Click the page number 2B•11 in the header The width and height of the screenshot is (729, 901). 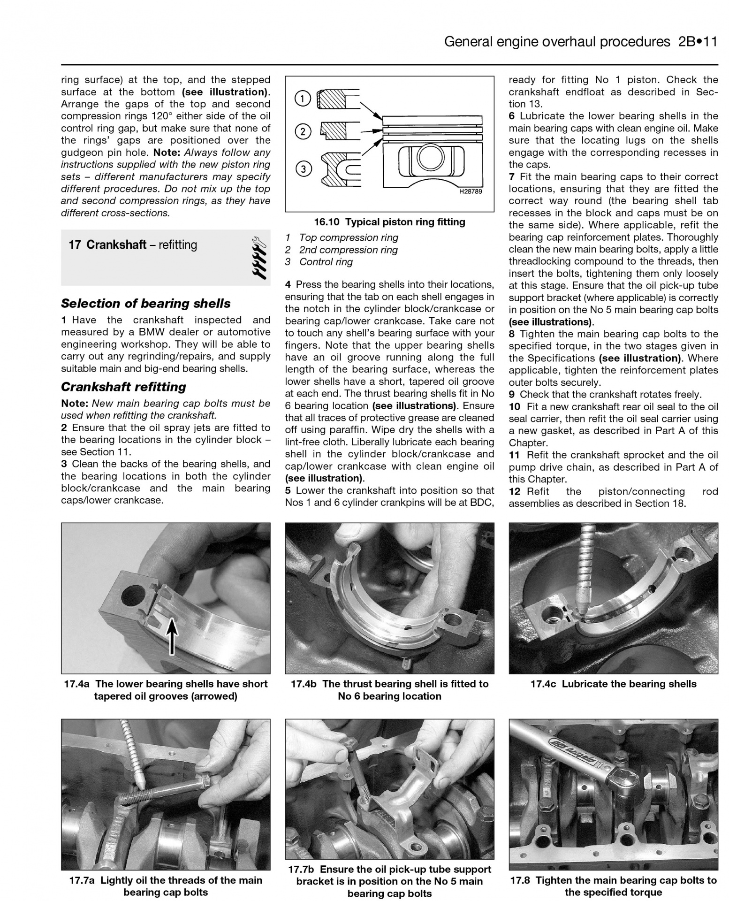pos(698,42)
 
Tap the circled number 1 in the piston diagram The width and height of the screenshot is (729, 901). pos(303,99)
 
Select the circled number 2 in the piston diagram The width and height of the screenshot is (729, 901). pos(303,131)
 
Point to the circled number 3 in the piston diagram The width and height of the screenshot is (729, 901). pos(303,168)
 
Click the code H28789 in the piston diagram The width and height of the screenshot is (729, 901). pos(471,191)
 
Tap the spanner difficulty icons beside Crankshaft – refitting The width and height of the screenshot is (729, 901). pos(258,257)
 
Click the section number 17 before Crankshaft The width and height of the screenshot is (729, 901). pos(75,245)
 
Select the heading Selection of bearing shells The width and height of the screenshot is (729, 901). pos(145,304)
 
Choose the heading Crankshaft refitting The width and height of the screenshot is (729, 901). pos(123,387)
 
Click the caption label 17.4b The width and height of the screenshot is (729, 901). pos(304,684)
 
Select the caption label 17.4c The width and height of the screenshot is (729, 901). pos(543,684)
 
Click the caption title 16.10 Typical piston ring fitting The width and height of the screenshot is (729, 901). pos(389,222)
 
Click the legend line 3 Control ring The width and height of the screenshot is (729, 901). pos(319,262)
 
